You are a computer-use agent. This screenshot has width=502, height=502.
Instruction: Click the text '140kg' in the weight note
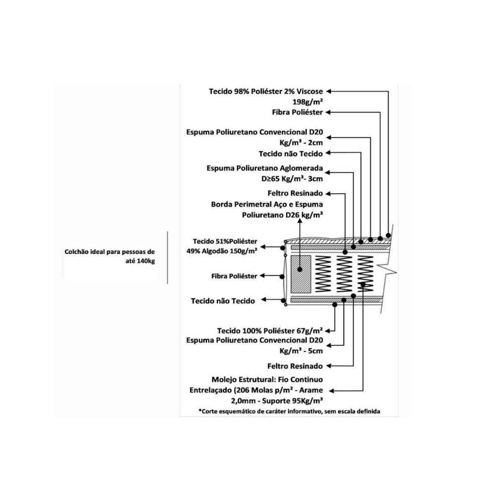coord(145,261)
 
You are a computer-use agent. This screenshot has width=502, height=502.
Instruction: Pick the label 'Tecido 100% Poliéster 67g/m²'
coord(270,331)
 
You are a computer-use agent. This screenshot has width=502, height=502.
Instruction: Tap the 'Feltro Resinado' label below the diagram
coord(296,365)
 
